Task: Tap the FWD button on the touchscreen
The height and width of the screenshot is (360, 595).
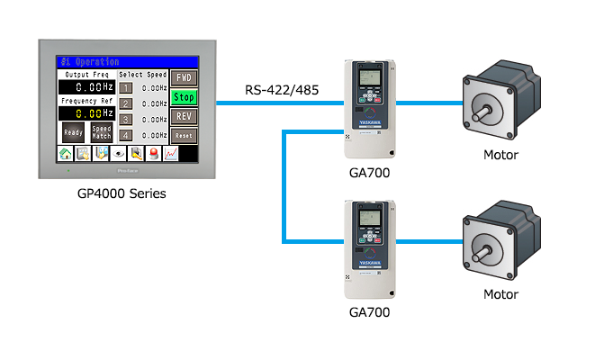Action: click(184, 77)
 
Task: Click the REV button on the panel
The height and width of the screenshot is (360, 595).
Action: click(184, 116)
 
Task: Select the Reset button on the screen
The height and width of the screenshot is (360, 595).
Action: click(184, 135)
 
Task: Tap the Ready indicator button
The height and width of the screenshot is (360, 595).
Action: click(74, 131)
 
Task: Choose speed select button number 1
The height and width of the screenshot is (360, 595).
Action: click(126, 88)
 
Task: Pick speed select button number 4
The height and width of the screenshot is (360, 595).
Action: click(126, 135)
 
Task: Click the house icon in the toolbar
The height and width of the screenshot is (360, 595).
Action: click(66, 154)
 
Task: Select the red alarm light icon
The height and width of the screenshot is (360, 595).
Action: click(153, 154)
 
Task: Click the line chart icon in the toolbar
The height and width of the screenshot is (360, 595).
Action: click(170, 154)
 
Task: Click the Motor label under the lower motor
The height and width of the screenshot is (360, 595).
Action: click(501, 294)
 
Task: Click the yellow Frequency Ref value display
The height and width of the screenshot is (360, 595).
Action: click(86, 114)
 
